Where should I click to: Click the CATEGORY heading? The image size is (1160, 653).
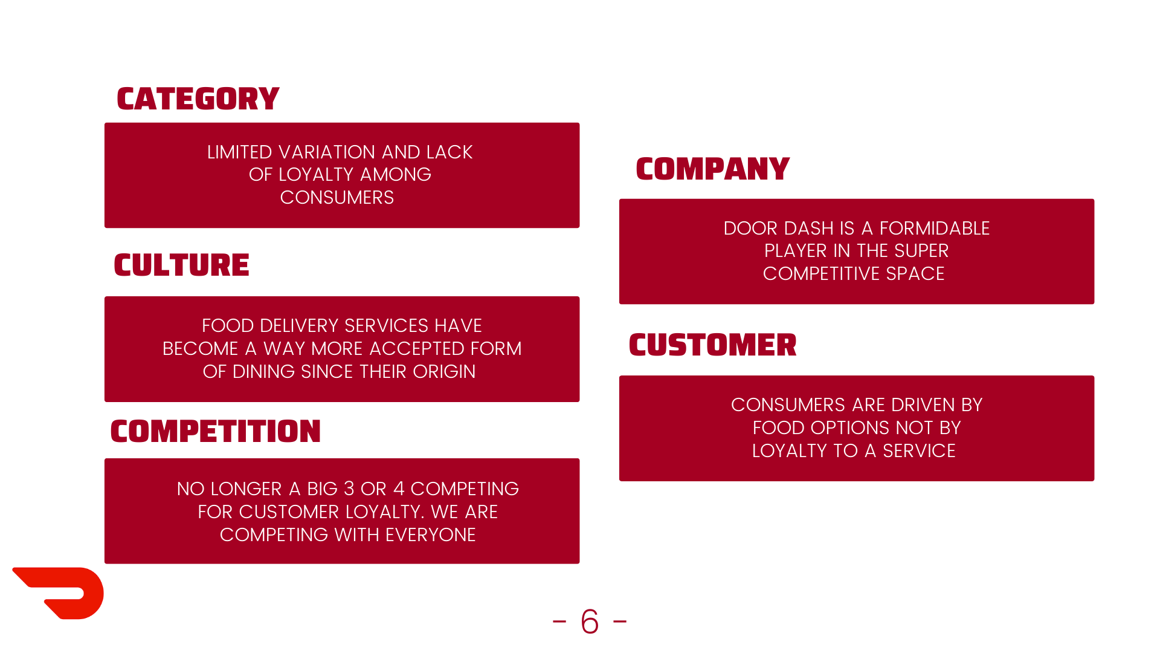pos(198,99)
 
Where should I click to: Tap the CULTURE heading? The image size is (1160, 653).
pos(181,265)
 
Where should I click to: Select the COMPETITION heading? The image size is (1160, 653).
pos(215,432)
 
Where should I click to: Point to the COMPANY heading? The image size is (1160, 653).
pos(712,169)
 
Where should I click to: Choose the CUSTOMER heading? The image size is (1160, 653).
pos(712,345)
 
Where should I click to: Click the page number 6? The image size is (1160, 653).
pos(590,622)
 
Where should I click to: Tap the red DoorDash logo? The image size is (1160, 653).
pos(60,593)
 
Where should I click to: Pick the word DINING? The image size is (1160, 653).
pos(264,372)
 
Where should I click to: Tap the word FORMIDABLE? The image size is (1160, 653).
pos(934,229)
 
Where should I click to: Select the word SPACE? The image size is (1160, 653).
pos(915,274)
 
